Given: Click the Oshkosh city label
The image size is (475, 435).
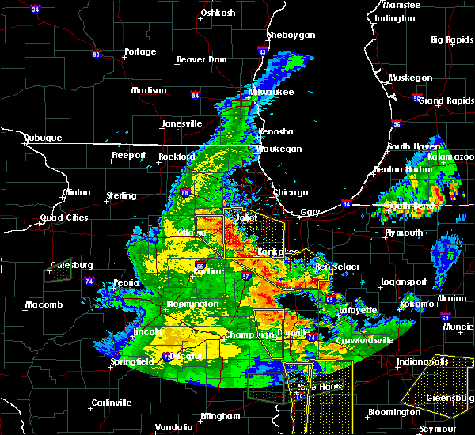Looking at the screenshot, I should point(218,13).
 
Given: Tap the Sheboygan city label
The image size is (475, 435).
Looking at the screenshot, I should point(291,35).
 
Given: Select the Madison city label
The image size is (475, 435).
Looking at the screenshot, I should point(149,90).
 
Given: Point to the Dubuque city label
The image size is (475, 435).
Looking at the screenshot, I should point(42,138).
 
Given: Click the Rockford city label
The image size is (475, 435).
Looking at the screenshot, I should point(176,157).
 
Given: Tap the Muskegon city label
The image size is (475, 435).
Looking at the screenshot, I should point(411,78).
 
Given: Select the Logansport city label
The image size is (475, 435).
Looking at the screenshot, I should point(405,282).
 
